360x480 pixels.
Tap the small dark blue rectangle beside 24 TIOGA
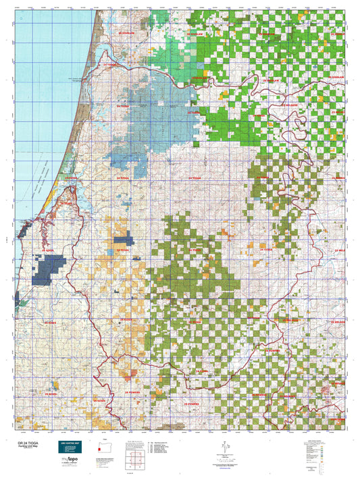point(123,240)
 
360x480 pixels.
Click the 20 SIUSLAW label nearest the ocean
point(126,32)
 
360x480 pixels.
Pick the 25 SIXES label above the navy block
point(53,250)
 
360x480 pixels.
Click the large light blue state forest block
point(162,122)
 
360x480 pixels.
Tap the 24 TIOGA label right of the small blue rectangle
point(123,250)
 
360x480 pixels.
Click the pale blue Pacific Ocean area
point(41,101)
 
